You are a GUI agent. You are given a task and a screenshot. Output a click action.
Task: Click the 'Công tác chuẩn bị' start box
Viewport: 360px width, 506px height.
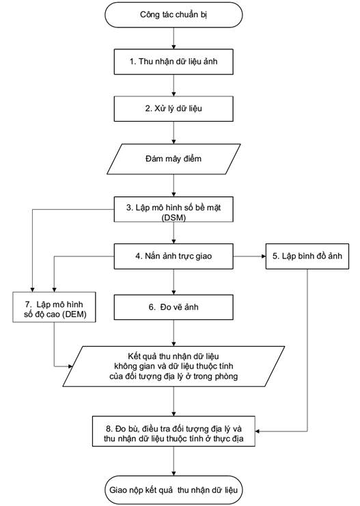[174, 15]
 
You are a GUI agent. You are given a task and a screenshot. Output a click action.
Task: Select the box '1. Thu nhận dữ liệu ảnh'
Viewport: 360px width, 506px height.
[174, 62]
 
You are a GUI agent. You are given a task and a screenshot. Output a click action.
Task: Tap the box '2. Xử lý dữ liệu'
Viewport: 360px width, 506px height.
[174, 109]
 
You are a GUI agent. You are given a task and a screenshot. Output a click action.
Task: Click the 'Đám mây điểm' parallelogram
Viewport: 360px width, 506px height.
[174, 159]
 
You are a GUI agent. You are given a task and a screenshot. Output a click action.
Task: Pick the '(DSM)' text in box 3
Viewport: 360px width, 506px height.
[174, 217]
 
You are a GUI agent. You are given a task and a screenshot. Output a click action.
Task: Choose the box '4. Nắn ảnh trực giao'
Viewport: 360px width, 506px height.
[174, 256]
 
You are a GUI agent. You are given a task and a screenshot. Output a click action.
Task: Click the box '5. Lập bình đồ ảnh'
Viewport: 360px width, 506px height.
[307, 256]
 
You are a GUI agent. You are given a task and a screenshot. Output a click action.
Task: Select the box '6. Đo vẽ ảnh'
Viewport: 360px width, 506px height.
[174, 307]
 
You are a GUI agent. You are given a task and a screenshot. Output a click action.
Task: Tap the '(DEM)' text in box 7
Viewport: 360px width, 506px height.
[74, 314]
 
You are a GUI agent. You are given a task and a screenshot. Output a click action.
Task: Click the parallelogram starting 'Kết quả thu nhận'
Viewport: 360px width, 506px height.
[174, 367]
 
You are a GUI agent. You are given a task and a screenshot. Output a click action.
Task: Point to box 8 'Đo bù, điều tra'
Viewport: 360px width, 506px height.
[174, 431]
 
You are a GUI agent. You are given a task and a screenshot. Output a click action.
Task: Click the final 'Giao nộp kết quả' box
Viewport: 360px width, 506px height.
[174, 490]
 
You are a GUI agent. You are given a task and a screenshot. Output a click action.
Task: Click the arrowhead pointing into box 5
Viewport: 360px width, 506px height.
[263, 256]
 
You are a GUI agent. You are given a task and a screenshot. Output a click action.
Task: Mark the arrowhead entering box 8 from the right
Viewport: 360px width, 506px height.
[258, 431]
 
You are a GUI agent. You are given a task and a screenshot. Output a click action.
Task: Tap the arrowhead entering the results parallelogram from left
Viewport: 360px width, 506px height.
[70, 367]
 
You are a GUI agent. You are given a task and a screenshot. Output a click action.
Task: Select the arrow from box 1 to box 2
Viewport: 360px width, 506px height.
[174, 85]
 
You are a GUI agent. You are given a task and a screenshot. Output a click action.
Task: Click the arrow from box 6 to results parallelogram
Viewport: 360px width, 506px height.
[174, 333]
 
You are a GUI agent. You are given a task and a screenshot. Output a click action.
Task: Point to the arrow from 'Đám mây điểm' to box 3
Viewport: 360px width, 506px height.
[174, 185]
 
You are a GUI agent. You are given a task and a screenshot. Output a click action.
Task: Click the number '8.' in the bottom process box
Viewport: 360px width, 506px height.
[109, 429]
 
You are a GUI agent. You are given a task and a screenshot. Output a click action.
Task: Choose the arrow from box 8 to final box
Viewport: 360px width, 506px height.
[174, 461]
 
